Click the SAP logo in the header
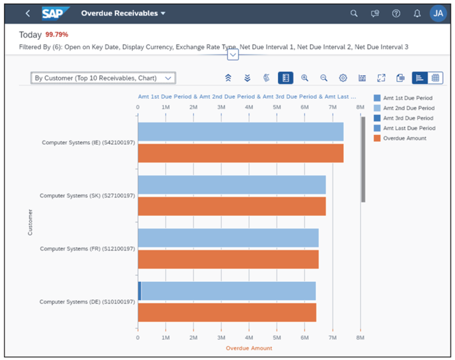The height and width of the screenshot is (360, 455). (56, 13)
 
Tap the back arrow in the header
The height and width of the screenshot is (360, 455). (27, 13)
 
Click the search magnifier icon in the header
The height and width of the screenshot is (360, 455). (354, 13)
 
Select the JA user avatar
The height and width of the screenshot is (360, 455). (438, 13)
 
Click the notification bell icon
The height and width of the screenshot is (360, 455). (417, 13)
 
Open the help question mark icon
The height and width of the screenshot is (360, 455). (396, 13)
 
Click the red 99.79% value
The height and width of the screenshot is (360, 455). (57, 35)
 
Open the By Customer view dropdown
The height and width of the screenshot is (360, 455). (103, 78)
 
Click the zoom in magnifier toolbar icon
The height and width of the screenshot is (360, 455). (305, 78)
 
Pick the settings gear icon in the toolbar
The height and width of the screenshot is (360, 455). (343, 78)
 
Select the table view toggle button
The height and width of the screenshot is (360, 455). (435, 78)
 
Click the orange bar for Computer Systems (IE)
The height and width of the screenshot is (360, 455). (241, 153)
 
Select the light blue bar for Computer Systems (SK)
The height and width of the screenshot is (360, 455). (232, 184)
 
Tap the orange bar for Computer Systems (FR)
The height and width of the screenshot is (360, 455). (228, 259)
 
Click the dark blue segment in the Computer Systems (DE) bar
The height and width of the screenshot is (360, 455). (139, 291)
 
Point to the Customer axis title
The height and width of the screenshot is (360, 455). (30, 222)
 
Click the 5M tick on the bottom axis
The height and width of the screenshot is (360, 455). (277, 337)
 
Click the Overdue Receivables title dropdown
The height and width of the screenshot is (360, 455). (123, 13)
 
